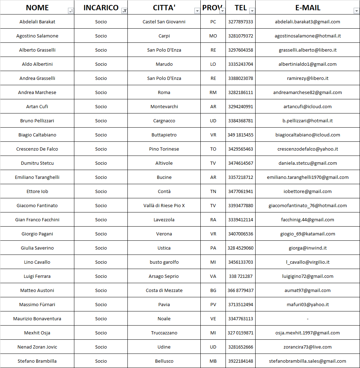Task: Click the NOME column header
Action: pos(37,8)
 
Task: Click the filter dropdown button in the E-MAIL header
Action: pos(356,11)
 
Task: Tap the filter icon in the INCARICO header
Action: pos(124,11)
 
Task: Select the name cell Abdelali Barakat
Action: pos(37,22)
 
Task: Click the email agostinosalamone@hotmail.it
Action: pos(308,36)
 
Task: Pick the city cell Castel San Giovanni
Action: pos(164,22)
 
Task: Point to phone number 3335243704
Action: pos(240,64)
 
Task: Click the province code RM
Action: pos(213,92)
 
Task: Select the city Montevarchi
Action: pos(164,106)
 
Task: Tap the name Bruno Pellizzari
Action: pos(37,121)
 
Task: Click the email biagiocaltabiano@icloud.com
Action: pos(308,135)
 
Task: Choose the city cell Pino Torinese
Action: pos(164,149)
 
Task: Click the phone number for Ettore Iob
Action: pos(240,191)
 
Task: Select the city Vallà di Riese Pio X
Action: pos(164,205)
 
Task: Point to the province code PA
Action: pos(213,248)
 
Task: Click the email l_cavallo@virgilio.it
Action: pos(308,262)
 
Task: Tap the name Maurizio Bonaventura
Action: pos(37,319)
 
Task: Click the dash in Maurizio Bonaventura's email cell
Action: pos(308,319)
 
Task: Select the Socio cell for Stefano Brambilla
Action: pos(101,361)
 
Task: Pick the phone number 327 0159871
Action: pos(240,333)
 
